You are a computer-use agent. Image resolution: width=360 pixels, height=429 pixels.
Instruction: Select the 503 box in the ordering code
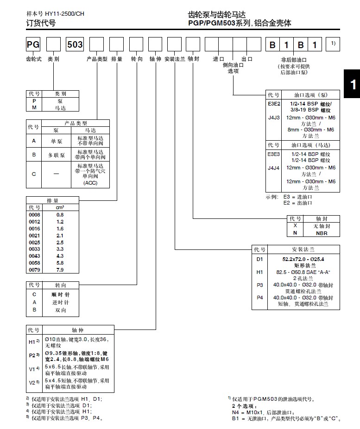click(75, 45)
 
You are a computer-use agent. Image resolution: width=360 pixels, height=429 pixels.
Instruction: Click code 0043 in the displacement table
click(35, 255)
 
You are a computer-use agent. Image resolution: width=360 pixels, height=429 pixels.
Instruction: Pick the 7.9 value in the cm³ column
click(60, 269)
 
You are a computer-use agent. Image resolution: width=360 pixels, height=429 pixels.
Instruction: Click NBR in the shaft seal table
click(322, 233)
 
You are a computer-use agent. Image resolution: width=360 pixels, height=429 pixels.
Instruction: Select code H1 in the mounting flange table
click(259, 272)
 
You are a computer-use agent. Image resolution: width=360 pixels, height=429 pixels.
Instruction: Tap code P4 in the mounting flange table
click(259, 298)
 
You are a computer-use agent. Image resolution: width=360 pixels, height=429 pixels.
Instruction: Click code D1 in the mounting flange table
click(259, 259)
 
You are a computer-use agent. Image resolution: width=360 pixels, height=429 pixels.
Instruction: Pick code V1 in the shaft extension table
click(33, 368)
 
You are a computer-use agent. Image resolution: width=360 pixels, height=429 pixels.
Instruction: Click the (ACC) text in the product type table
click(90, 183)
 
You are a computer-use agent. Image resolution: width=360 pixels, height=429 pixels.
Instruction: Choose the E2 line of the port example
click(298, 203)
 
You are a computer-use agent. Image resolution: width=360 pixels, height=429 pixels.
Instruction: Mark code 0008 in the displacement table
click(35, 215)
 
